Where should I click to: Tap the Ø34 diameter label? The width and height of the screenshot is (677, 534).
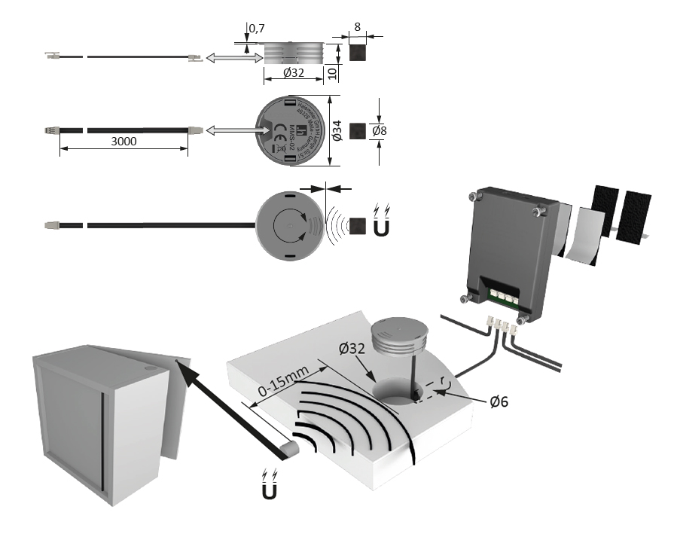pos(337,133)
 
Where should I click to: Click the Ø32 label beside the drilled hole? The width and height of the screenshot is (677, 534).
pos(353,349)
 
